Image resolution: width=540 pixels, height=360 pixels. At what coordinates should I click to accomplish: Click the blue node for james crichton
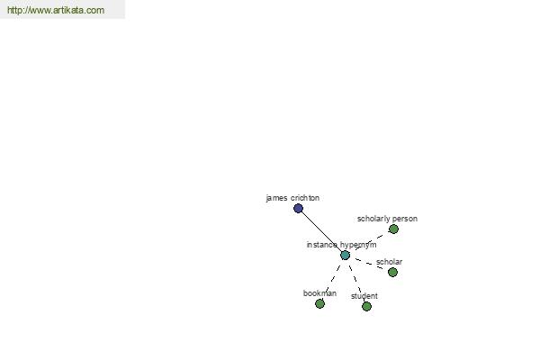[298, 208]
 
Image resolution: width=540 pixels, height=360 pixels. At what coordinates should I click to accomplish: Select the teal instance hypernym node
[345, 256]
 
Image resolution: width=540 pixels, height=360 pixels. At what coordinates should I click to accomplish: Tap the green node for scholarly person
[393, 229]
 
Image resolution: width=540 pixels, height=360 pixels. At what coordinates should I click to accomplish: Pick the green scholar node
[392, 272]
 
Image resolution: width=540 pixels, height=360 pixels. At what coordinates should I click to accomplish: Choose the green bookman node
[319, 303]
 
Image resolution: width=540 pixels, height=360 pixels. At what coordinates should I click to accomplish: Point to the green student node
[367, 306]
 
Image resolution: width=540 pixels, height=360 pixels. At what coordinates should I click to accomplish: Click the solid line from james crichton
[321, 231]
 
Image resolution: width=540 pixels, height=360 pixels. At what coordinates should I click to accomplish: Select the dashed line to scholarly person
[369, 242]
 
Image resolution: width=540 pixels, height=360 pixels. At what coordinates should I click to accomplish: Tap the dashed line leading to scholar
[369, 264]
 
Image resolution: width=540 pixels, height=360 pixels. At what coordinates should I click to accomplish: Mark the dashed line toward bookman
[333, 279]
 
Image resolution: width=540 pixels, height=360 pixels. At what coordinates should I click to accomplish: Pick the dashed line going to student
[355, 281]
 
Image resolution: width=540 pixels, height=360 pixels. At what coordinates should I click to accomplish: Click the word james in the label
[277, 198]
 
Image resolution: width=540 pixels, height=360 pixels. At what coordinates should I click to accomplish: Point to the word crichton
[305, 198]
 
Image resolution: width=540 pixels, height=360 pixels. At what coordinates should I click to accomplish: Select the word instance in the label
[321, 245]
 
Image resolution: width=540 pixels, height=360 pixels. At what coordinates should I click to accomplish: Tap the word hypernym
[358, 245]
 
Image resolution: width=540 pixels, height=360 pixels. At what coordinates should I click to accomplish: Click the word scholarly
[373, 219]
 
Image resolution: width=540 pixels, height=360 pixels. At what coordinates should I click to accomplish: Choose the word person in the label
[405, 219]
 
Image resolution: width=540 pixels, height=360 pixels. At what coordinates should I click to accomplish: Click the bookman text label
[319, 293]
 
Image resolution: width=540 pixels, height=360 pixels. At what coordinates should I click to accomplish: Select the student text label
[364, 296]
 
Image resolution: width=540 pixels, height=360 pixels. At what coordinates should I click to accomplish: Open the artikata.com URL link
[56, 10]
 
